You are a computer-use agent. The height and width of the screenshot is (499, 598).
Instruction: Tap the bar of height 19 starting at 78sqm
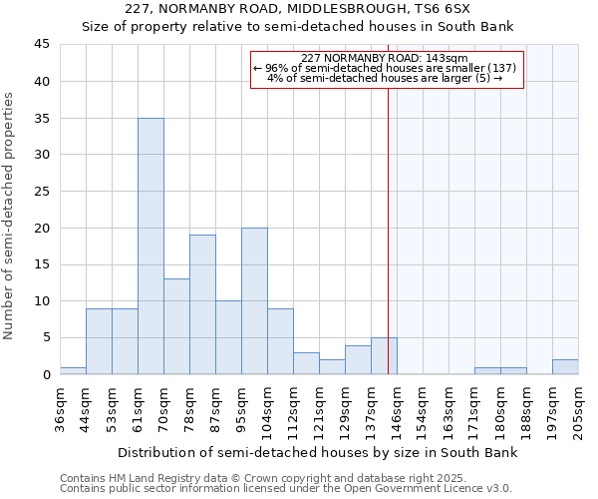202,304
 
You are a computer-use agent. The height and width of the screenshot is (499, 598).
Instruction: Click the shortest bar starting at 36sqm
73,370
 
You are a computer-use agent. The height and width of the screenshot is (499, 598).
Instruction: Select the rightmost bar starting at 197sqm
565,367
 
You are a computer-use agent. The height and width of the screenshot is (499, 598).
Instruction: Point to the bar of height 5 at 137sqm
384,356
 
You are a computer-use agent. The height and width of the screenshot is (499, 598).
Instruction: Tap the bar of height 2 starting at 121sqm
332,367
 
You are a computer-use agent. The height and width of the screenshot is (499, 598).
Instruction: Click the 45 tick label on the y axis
42,45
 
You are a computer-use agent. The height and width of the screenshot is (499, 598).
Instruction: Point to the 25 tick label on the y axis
42,192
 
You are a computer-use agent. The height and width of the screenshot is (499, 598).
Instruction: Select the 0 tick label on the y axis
46,375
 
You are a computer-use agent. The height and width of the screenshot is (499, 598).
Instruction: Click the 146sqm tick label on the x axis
398,410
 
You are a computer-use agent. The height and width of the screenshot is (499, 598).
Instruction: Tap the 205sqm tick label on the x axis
579,410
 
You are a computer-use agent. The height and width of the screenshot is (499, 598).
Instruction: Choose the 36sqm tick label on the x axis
61,410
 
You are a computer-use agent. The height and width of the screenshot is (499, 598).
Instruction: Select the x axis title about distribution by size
318,453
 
